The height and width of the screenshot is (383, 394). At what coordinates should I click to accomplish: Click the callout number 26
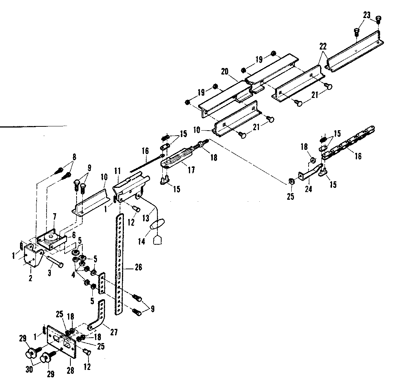click(x=138, y=268)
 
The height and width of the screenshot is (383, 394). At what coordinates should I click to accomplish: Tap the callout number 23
click(x=366, y=15)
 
